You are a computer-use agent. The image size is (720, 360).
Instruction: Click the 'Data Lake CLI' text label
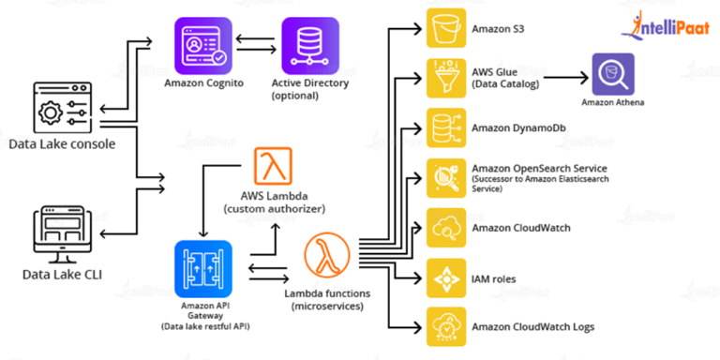pos(65,275)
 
